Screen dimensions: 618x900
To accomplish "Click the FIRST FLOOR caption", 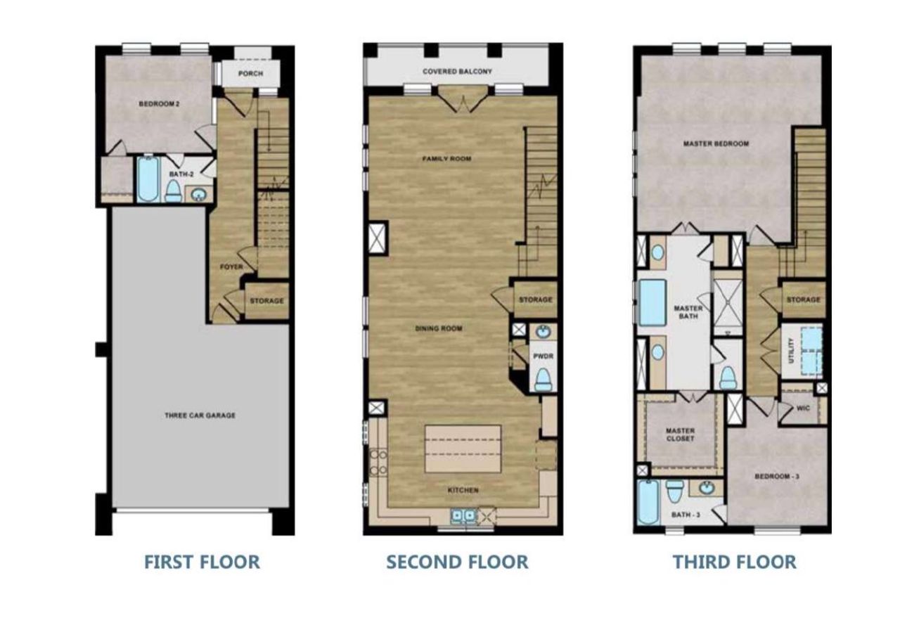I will click(x=202, y=562).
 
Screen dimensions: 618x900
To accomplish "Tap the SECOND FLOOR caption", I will click(x=457, y=562).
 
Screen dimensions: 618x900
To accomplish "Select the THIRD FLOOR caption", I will click(x=735, y=562).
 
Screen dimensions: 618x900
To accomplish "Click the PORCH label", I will click(x=251, y=73).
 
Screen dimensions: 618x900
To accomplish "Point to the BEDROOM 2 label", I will click(x=159, y=104).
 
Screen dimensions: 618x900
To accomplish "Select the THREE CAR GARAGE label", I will click(x=200, y=416).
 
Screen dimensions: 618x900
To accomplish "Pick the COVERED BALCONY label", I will click(x=457, y=72).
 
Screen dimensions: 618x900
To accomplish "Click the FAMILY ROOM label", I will click(x=446, y=160).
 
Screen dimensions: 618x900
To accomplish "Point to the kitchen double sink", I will click(x=463, y=516).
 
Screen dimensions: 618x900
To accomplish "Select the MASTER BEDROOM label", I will click(x=716, y=143).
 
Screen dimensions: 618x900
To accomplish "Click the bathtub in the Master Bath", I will click(x=652, y=302).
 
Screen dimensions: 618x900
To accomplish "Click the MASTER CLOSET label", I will click(x=680, y=434).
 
